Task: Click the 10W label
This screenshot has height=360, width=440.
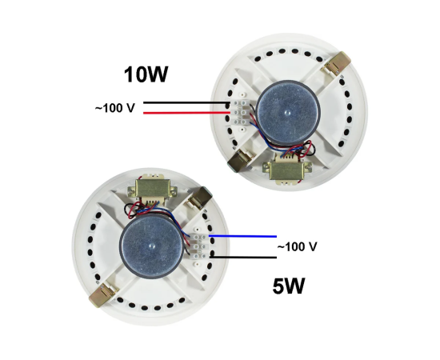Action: [x=146, y=74]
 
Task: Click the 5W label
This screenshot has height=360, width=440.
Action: [x=289, y=286]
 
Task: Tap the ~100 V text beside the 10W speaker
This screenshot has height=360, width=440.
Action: [x=115, y=108]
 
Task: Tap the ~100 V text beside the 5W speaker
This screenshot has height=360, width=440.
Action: [x=297, y=247]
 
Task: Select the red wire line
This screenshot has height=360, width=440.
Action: [x=187, y=113]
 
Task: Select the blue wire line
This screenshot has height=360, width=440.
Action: [x=242, y=236]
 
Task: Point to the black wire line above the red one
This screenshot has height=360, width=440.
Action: [x=186, y=102]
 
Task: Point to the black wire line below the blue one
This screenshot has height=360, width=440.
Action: [x=243, y=257]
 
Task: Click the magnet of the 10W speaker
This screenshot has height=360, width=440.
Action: [x=288, y=111]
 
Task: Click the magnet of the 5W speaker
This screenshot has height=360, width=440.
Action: [x=152, y=246]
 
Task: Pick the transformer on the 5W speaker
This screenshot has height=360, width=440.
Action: [x=152, y=190]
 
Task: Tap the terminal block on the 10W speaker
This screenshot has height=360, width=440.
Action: [x=239, y=113]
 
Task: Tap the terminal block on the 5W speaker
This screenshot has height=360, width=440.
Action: [x=199, y=246]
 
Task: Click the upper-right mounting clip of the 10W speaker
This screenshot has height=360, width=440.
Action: [x=338, y=64]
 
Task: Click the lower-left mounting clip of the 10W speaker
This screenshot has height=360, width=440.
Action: [x=240, y=160]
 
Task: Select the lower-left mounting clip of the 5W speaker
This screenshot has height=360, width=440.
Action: [x=102, y=294]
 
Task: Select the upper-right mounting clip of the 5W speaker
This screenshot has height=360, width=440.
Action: [x=199, y=198]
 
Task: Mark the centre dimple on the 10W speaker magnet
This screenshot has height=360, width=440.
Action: [x=287, y=113]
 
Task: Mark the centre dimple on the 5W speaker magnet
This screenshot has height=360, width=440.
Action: [x=151, y=246]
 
